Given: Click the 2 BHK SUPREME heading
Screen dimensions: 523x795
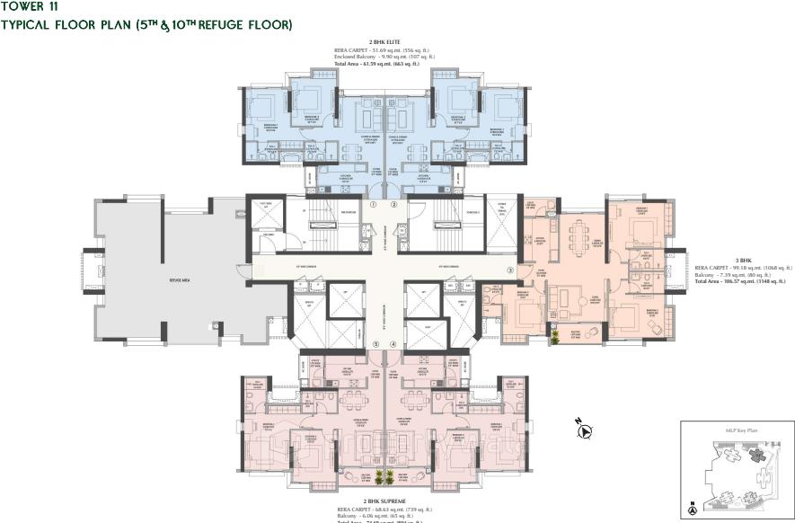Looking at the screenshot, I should [x=384, y=500].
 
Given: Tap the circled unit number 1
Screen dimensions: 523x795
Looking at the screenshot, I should [x=373, y=205].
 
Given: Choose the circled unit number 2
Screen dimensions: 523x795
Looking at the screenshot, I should [x=393, y=205].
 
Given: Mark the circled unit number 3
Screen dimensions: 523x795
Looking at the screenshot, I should [x=510, y=270].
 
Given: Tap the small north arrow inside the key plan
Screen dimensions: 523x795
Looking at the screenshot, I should [x=691, y=507].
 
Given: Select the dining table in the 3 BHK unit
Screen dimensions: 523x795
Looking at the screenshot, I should [x=578, y=238].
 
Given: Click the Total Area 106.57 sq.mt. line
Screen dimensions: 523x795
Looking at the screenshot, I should [x=739, y=282].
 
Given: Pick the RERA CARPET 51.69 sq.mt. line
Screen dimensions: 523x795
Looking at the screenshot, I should [x=384, y=50].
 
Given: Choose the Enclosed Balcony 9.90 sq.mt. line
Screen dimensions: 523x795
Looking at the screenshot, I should [x=384, y=57].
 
